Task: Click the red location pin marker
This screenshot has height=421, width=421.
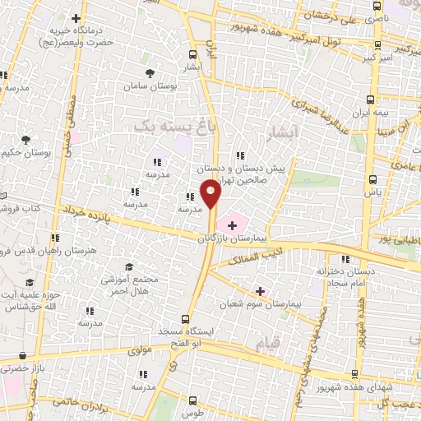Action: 211,194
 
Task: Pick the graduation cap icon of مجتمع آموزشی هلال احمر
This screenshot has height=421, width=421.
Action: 129,267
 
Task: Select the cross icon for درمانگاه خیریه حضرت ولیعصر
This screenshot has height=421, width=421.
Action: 77,18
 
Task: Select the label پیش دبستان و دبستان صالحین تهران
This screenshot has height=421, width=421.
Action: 247,175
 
